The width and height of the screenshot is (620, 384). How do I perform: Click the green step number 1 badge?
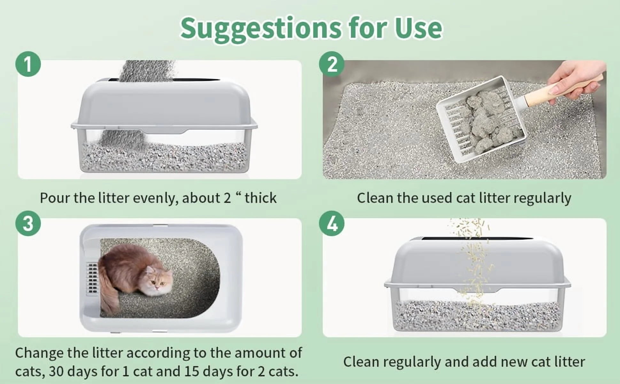coord(28,64)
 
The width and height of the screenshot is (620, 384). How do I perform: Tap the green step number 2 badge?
coord(332,64)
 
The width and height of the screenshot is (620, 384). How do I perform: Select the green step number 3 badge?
coord(28,223)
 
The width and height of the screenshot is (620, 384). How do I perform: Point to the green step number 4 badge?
coord(332,223)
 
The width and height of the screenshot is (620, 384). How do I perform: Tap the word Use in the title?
coord(418,28)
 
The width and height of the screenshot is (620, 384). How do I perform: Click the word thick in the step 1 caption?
coord(260,198)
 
